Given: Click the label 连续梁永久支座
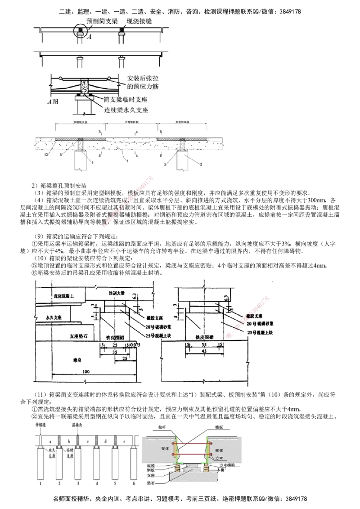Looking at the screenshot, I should [x=126, y=109].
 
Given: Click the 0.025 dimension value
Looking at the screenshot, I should [x=135, y=344].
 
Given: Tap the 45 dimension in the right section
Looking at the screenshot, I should [x=204, y=350].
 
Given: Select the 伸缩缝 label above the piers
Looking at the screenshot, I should [x=39, y=424].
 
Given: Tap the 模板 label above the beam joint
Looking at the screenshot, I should [x=219, y=426].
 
